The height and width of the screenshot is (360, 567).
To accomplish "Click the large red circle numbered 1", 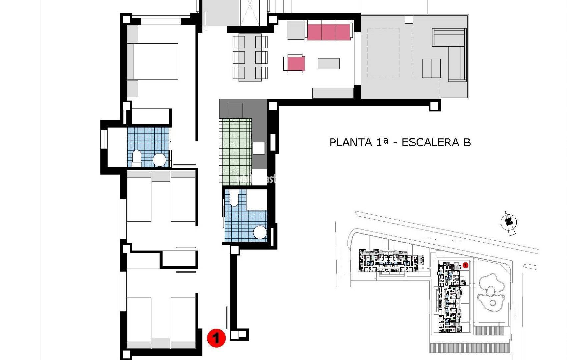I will (x=216, y=338).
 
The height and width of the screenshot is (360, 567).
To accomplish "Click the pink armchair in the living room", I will (x=296, y=64).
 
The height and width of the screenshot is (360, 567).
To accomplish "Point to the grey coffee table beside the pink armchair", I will (x=329, y=64).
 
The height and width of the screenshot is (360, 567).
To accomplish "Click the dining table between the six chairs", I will (x=250, y=57).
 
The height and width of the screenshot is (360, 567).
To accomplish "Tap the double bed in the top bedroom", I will (x=153, y=61).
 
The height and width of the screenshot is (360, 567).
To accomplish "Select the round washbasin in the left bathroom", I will (x=159, y=160).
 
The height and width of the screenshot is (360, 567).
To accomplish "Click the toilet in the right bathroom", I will (x=234, y=198).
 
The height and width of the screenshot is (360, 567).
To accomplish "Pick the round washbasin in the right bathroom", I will (x=260, y=232).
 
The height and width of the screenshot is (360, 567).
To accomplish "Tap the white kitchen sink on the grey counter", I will (x=259, y=148).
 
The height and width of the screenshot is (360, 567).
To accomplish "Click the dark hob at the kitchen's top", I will (x=235, y=110).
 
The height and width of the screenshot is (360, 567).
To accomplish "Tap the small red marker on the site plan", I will (x=465, y=265).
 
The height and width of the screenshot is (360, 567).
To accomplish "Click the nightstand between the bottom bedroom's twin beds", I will (x=161, y=343).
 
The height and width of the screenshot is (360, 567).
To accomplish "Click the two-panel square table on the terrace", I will (x=431, y=68).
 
